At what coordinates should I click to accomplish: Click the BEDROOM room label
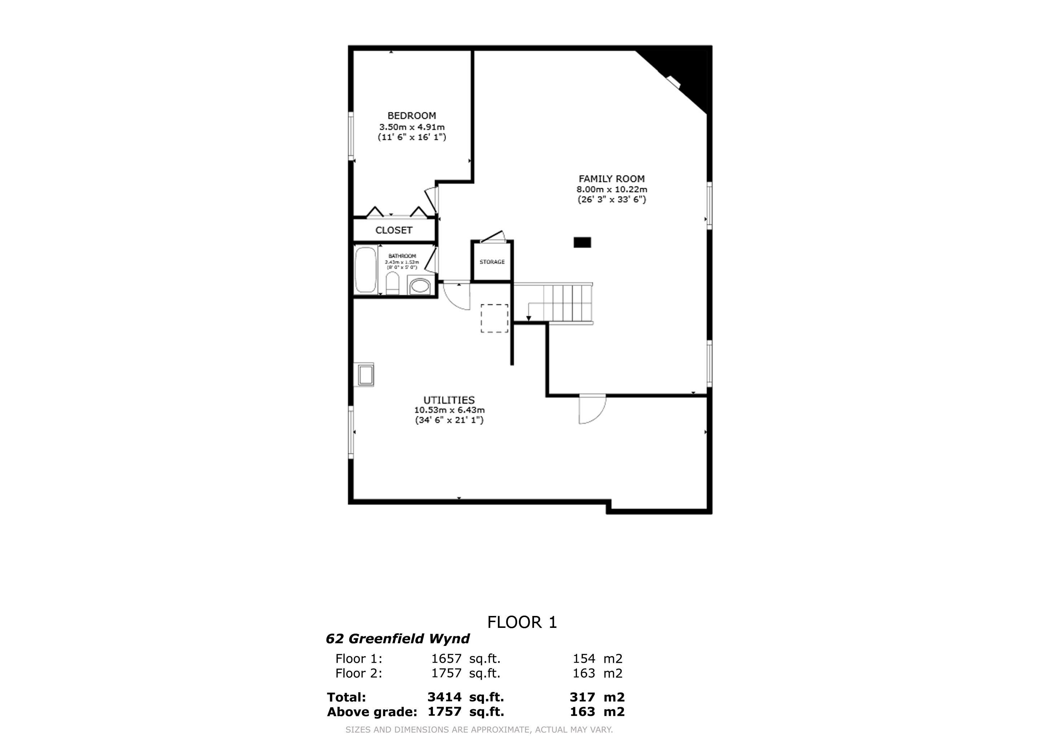click(411, 115)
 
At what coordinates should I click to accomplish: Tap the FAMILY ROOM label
click(611, 179)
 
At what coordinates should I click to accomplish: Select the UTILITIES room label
click(449, 400)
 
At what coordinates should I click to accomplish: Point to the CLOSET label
click(394, 230)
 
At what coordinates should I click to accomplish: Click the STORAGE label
click(492, 262)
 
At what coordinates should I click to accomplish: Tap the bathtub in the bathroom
click(366, 270)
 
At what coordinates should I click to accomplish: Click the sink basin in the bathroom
click(419, 287)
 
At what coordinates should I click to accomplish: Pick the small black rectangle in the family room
click(582, 242)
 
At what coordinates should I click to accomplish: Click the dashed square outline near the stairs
click(494, 318)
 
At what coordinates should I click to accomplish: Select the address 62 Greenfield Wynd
click(397, 639)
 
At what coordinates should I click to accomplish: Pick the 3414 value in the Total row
click(444, 697)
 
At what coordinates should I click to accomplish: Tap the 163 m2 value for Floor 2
click(597, 673)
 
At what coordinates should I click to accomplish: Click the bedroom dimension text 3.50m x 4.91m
click(411, 127)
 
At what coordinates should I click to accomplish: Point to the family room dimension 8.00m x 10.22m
click(611, 189)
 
